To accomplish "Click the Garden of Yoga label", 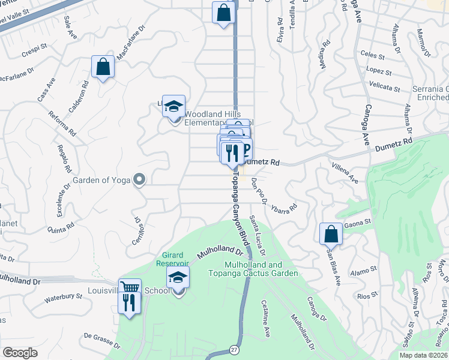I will (101, 180).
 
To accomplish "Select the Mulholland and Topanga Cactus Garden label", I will (261, 269).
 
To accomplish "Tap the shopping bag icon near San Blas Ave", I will (331, 235).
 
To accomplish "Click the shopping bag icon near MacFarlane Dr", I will (103, 67).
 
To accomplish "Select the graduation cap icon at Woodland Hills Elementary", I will (173, 107).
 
